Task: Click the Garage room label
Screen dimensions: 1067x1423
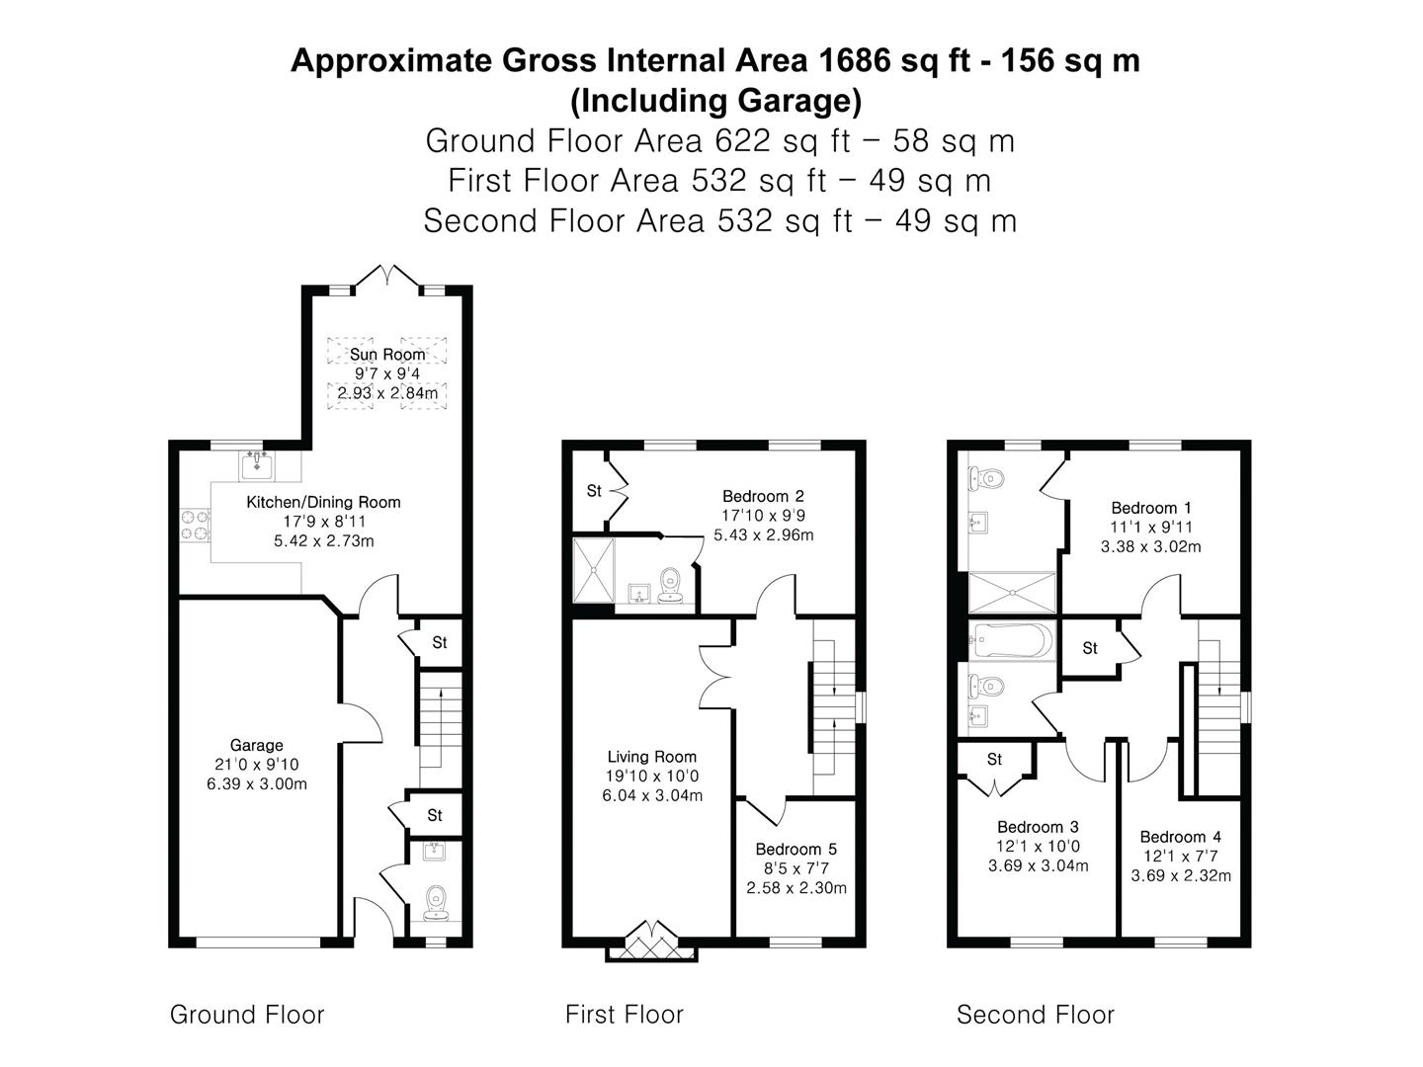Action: click(256, 746)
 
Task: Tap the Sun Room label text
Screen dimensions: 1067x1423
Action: click(387, 354)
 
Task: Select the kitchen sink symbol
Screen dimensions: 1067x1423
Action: click(257, 463)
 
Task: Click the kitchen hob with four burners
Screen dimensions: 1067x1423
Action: click(195, 525)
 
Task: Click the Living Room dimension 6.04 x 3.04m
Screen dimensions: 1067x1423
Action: click(652, 795)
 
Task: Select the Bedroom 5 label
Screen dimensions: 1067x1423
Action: click(795, 849)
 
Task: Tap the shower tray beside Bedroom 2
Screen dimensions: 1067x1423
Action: click(594, 569)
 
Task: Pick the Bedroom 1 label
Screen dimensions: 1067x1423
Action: click(1150, 508)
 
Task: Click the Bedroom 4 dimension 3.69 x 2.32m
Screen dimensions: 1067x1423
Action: click(1181, 875)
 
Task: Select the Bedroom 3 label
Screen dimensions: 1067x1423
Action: click(1038, 827)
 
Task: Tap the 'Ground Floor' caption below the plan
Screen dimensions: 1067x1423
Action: click(247, 1015)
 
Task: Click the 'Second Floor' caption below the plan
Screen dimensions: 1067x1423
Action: click(1035, 1015)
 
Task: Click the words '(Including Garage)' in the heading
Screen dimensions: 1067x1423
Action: click(715, 101)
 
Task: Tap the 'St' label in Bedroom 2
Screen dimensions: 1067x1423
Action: click(594, 491)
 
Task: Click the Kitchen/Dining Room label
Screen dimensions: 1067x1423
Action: click(323, 502)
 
